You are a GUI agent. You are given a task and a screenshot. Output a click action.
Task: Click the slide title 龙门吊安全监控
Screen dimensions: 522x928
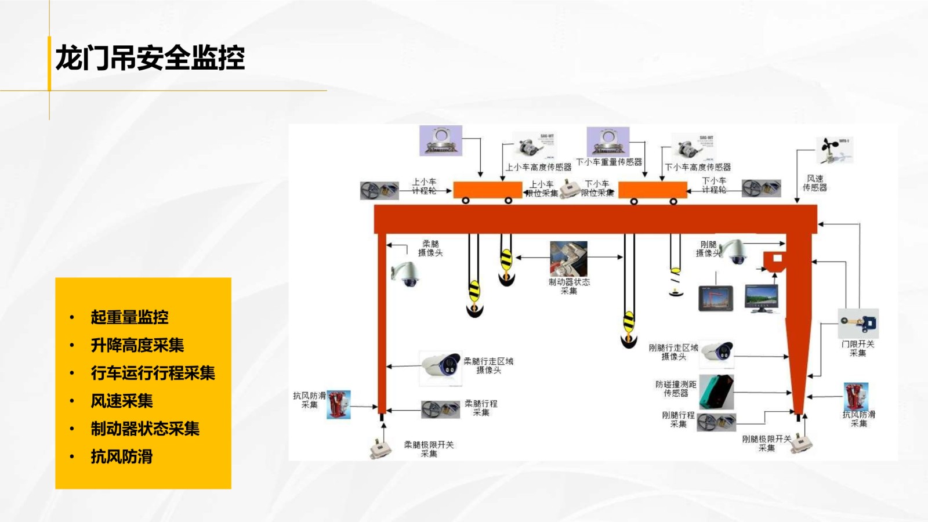(150, 59)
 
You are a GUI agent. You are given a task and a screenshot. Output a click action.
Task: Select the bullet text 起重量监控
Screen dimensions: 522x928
(129, 317)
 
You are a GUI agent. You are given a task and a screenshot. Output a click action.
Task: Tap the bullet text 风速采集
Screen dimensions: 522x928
(122, 401)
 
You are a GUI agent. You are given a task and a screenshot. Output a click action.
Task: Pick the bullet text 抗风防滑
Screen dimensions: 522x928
(122, 456)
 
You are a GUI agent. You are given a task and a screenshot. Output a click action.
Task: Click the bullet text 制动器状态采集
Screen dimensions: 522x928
(145, 429)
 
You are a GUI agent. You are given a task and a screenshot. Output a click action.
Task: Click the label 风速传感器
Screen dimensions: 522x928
(814, 183)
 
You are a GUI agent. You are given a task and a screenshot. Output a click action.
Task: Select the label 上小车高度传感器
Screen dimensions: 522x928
(538, 167)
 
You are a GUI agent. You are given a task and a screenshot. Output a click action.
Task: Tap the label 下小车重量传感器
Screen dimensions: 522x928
(609, 162)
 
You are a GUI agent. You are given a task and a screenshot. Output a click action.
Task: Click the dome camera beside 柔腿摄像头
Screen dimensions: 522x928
(407, 273)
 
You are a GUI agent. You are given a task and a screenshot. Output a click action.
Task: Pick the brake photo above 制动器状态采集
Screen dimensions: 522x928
(568, 259)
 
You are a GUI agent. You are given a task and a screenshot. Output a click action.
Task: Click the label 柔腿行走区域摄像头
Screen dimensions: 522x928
(488, 365)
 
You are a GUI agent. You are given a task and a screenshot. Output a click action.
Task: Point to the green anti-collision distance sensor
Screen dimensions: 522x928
(716, 391)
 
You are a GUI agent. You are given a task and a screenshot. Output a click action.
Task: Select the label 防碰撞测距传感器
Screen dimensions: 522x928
(676, 389)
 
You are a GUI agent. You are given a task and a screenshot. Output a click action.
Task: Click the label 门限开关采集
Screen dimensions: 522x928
(858, 348)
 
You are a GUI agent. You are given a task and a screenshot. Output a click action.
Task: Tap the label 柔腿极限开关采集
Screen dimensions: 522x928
(429, 449)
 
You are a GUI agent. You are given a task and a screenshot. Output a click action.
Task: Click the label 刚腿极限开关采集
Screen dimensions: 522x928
(766, 443)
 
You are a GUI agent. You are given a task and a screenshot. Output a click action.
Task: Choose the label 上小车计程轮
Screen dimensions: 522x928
(424, 186)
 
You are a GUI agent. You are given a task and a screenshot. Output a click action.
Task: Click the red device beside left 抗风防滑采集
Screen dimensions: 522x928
(339, 404)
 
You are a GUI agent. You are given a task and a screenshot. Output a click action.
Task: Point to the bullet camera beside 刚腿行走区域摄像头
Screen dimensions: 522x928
(717, 352)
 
